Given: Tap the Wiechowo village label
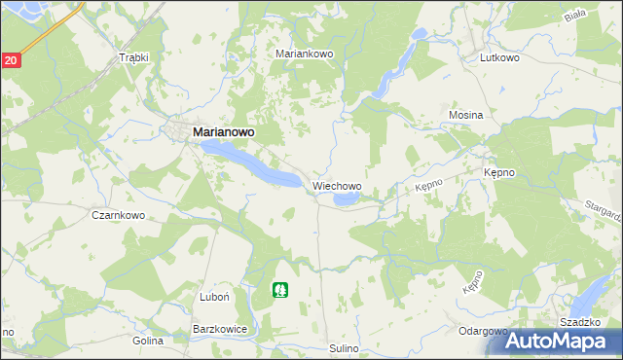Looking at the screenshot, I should coord(337,185).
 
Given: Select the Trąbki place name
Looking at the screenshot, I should coord(132,57).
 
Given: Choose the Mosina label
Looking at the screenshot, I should coord(465,115).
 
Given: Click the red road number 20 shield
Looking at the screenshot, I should coord(10,60).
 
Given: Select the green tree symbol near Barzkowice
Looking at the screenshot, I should coord(280,289).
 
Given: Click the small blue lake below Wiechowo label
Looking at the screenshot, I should coord(347,200).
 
